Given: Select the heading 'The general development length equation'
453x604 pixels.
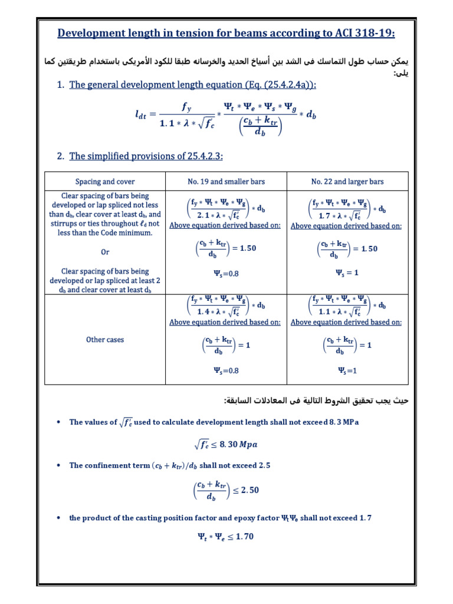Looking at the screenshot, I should (x=192, y=85).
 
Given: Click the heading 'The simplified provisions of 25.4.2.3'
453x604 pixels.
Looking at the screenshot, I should (x=146, y=156).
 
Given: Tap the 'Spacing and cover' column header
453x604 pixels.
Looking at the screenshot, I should (x=105, y=182).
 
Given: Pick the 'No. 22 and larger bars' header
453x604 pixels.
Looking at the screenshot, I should (x=346, y=182).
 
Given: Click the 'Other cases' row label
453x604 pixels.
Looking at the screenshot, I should (x=105, y=340).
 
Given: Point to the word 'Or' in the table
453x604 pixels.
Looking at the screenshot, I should (x=105, y=252).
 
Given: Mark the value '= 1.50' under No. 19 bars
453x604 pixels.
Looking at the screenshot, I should (x=242, y=248).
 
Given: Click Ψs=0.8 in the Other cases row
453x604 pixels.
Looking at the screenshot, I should (x=225, y=370).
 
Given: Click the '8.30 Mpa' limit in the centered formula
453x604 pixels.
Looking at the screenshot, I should (x=238, y=444).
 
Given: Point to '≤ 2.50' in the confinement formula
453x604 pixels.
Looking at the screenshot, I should (x=245, y=490).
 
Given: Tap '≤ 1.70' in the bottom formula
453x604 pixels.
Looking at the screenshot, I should (x=239, y=537).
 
